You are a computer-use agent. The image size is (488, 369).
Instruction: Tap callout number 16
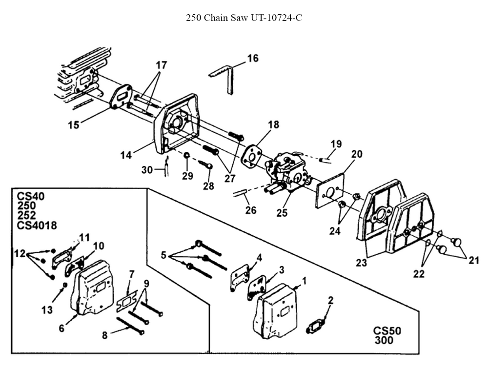coord(253,59)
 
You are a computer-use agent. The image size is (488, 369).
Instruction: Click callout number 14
coord(126,155)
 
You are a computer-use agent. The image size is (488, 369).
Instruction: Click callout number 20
coord(357,154)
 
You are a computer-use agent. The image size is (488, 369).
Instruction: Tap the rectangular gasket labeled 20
coord(329,192)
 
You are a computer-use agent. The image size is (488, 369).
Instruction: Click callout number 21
coord(474,260)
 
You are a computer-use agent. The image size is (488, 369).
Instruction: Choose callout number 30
coord(147,169)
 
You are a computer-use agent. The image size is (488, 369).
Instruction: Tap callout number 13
coord(47,309)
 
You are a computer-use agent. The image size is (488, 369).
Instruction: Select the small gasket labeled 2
coord(317,327)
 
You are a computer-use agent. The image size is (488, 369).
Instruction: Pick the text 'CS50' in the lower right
coord(387,330)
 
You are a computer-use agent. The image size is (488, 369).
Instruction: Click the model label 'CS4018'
coord(37,225)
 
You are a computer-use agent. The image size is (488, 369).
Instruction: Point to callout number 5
coord(163,255)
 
